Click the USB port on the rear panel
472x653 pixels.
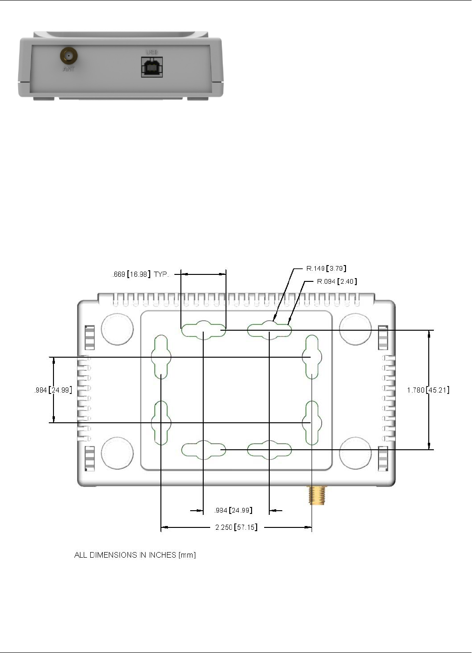[152, 67]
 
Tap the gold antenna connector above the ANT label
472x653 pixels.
[69, 55]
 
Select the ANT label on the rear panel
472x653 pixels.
[68, 69]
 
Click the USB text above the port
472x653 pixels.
[152, 52]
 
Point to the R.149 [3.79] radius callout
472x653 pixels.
[326, 268]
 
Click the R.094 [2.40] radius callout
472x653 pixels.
[337, 281]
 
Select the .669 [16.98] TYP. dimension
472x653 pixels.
[140, 274]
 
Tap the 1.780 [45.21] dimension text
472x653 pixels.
[428, 390]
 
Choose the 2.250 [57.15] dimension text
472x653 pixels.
[236, 527]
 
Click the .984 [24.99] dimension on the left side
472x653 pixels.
[53, 390]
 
